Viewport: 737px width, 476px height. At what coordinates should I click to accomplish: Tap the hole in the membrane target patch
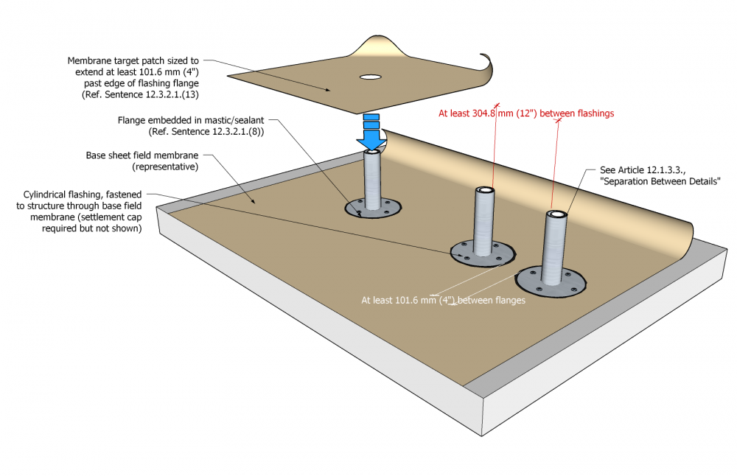coord(371,77)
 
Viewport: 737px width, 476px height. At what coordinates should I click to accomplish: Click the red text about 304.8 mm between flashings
coord(526,113)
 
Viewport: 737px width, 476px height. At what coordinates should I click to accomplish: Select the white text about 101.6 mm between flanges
coord(443,300)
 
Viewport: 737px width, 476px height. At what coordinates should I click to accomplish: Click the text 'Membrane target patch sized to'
coord(133,61)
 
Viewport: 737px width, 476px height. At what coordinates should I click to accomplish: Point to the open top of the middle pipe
coord(486,191)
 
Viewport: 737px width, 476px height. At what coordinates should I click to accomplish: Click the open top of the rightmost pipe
coord(557,214)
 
